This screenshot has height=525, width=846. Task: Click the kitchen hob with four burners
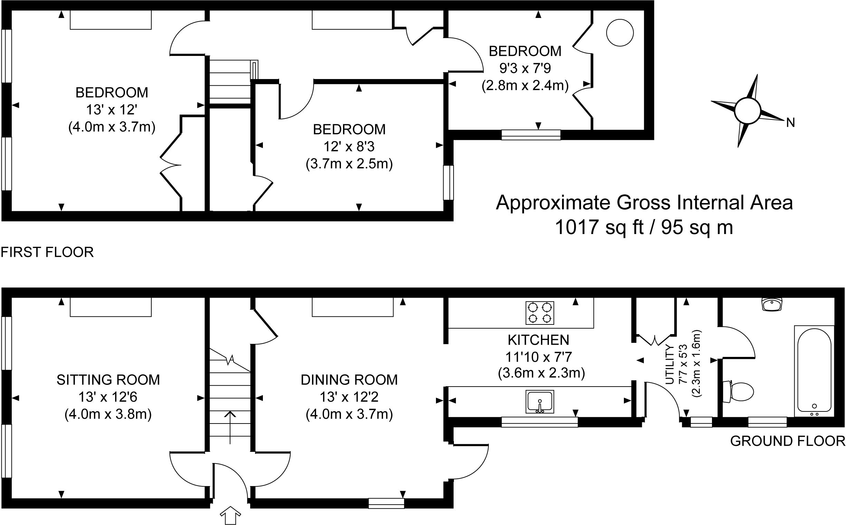[x=540, y=313]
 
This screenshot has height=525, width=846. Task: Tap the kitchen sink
[x=540, y=402]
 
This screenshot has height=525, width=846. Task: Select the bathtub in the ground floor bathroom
[x=814, y=370]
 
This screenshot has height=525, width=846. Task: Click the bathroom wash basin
[x=772, y=304]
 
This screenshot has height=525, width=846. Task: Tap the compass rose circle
[x=748, y=110]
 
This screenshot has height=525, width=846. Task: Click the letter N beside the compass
[x=790, y=123]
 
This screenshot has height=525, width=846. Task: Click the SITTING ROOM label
[x=108, y=380]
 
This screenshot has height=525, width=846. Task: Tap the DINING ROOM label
[x=349, y=380]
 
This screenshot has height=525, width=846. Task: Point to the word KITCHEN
[x=539, y=340]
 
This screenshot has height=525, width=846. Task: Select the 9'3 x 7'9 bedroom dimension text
[x=525, y=68]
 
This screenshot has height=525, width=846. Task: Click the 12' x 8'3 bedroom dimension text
[x=349, y=147]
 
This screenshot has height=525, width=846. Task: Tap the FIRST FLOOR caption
[x=47, y=252]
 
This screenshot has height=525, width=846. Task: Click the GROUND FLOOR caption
[x=787, y=441]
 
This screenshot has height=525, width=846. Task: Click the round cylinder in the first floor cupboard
[x=619, y=33]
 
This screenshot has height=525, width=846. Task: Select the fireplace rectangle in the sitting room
[x=111, y=307]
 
